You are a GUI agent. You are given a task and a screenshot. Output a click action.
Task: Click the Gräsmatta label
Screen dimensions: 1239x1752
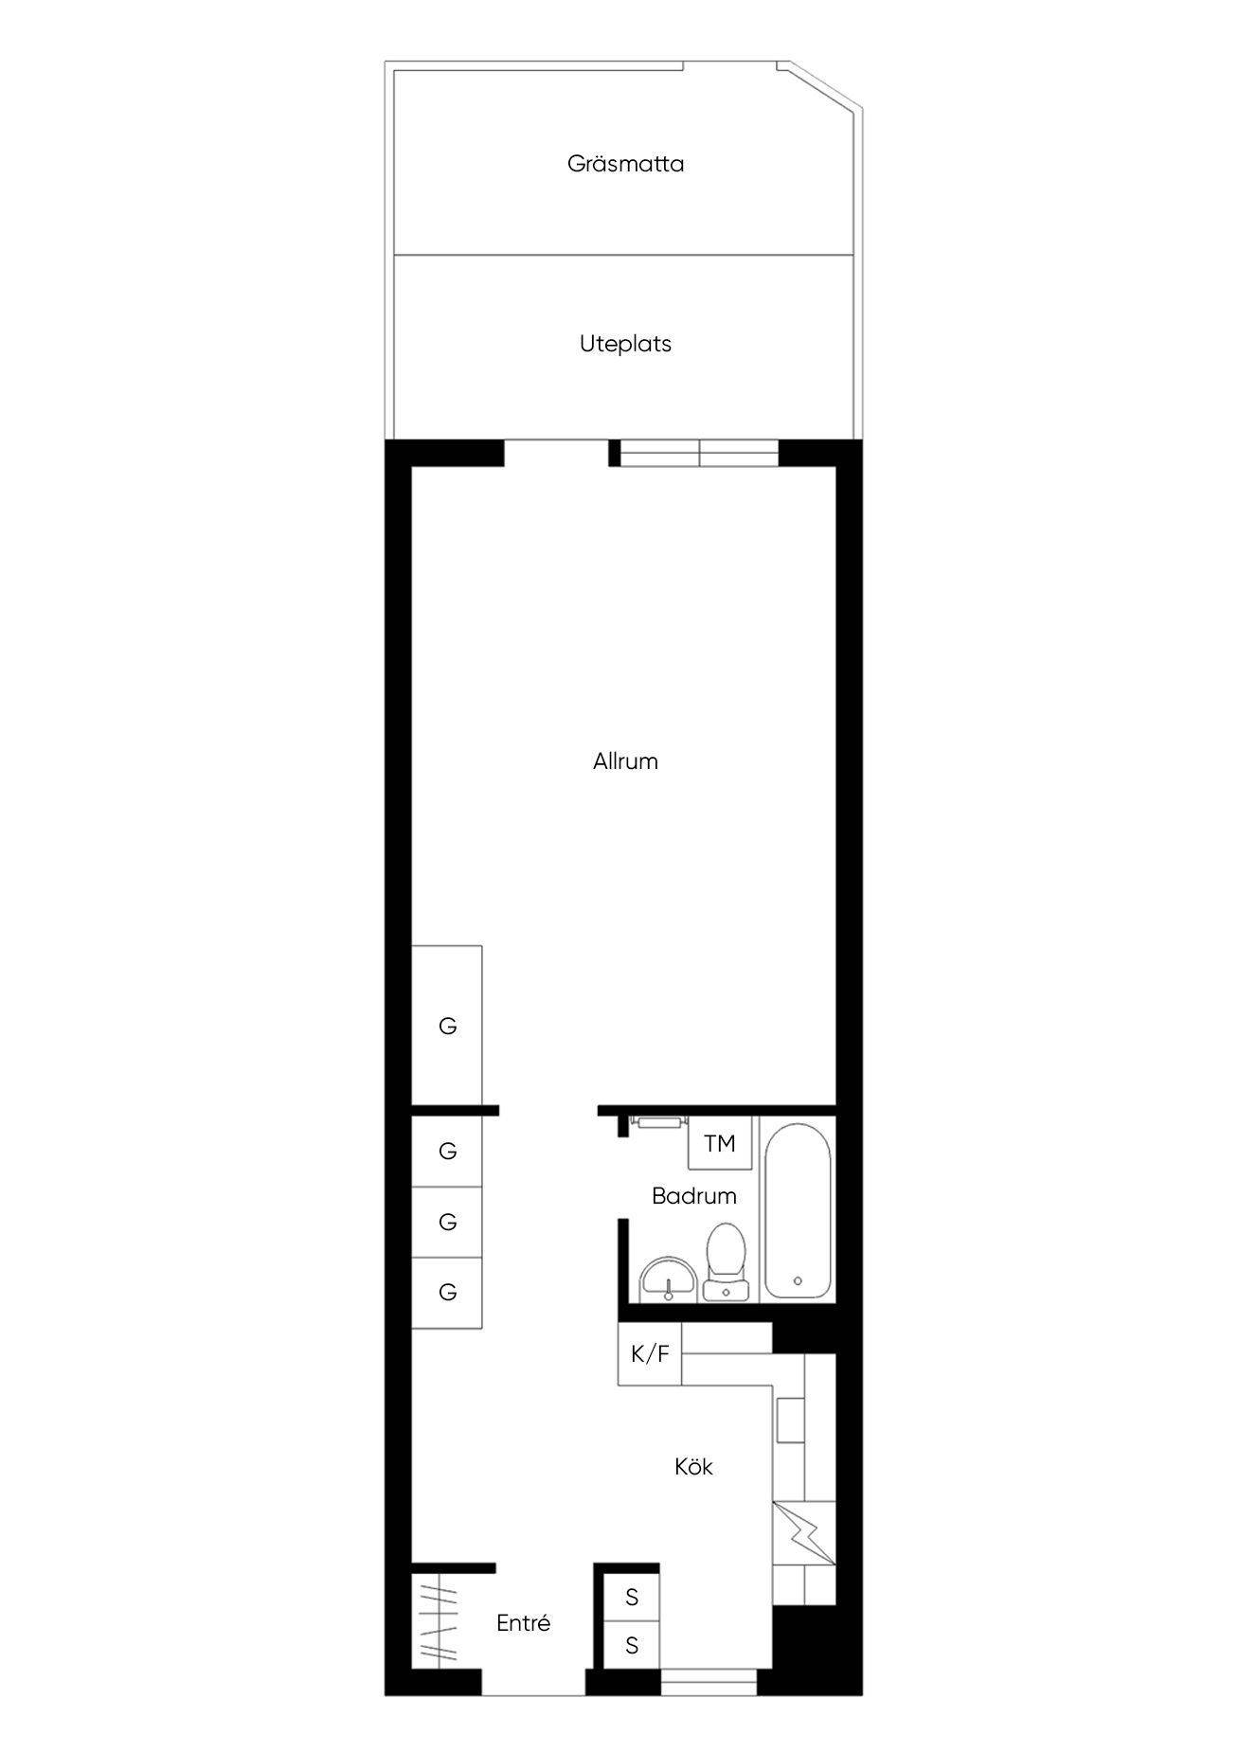tap(625, 164)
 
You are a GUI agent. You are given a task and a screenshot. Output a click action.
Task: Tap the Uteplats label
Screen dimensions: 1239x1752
tap(625, 344)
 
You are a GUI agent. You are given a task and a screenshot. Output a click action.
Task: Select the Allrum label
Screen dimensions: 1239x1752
tap(625, 761)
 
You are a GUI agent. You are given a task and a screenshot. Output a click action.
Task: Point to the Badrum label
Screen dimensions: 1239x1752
tap(693, 1196)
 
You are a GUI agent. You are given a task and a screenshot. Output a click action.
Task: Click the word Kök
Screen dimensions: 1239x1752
tap(693, 1467)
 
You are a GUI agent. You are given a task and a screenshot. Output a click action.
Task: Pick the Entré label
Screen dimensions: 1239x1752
tap(523, 1623)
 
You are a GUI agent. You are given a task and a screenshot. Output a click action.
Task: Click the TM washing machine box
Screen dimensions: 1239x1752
tap(720, 1144)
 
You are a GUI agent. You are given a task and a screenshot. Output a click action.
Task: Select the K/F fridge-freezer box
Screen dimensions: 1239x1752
tap(650, 1354)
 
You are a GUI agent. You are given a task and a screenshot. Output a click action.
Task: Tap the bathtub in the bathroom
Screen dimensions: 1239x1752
tap(798, 1211)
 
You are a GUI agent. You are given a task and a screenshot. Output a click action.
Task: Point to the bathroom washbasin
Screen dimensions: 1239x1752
tap(669, 1278)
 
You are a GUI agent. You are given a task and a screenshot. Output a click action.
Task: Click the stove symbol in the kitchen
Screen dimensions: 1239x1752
tap(803, 1529)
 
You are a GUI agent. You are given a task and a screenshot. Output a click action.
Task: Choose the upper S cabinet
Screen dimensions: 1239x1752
tap(632, 1598)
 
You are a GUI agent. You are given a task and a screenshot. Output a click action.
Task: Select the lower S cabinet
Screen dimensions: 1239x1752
tap(632, 1646)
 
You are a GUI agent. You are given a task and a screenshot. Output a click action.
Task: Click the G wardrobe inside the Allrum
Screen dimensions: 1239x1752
tap(447, 1026)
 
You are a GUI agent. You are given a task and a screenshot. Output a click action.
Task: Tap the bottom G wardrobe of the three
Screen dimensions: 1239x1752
tap(447, 1293)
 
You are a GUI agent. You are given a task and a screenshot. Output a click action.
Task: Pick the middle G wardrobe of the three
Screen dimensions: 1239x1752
tap(447, 1223)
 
